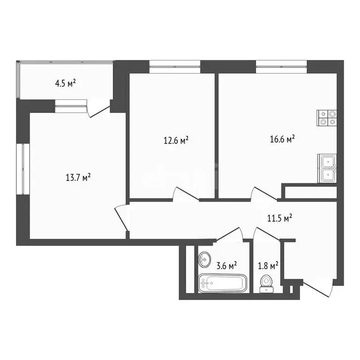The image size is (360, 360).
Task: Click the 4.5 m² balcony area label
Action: [x=66, y=84]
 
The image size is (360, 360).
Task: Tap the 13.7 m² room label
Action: [x=78, y=177]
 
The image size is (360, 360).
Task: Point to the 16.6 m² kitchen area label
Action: [x=282, y=139]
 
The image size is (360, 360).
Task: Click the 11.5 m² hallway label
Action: [x=280, y=217]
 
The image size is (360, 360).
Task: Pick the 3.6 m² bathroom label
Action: [x=226, y=265]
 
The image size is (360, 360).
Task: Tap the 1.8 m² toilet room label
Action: [x=269, y=265]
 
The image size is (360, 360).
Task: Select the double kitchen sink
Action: [x=327, y=168]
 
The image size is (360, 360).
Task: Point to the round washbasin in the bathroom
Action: [x=205, y=258]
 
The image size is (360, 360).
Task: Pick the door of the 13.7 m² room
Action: [x=122, y=219]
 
